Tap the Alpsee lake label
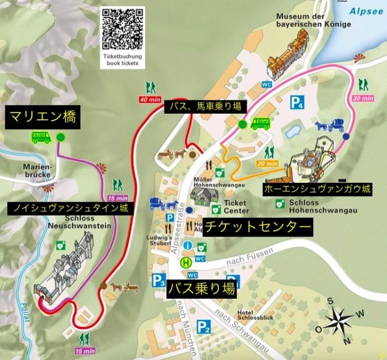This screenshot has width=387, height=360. pos(368,10)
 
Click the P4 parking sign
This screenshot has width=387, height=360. pos(296,102)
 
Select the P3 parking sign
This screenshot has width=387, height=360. pos(159,280)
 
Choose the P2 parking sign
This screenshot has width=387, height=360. pos(204,329)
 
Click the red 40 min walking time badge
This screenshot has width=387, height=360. pos(151,99)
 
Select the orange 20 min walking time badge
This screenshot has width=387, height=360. pos(267,163)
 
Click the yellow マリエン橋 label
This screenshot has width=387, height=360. pos(42,116)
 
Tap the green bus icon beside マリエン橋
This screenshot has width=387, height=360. pos(41,137)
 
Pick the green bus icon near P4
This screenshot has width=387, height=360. pos(261,124)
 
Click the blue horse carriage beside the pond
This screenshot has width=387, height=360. pos(329,126)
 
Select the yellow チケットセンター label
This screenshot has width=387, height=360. pos(258,227)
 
